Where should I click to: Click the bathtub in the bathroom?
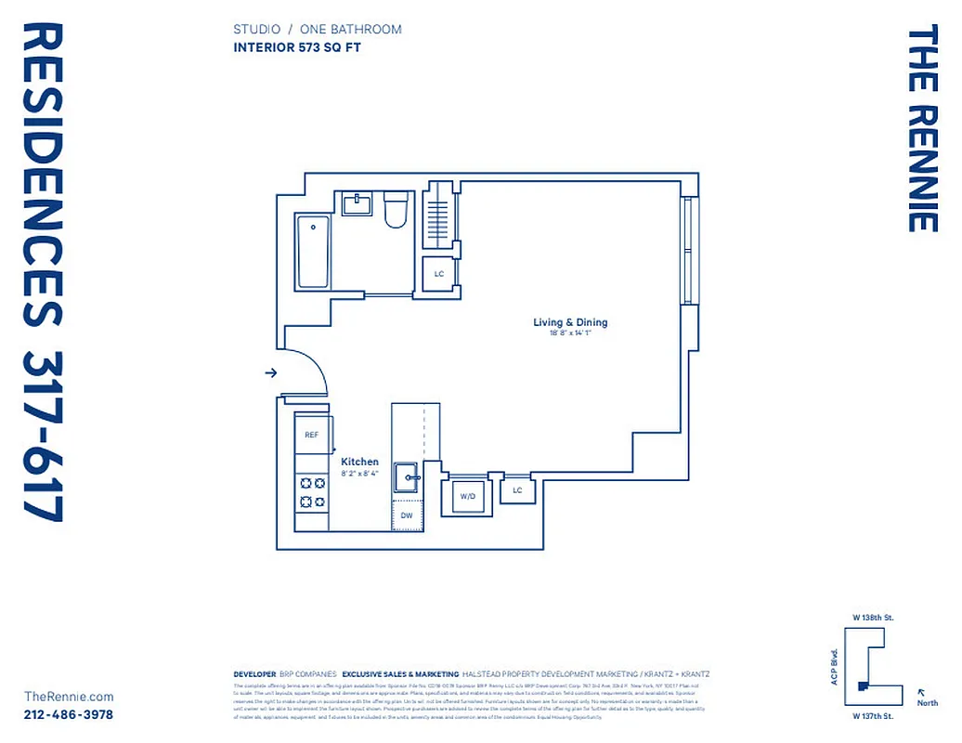313,252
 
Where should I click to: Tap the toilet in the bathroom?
396,211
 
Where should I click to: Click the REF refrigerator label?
312,435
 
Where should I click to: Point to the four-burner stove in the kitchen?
312,492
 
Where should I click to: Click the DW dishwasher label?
407,515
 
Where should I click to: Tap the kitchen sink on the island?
407,477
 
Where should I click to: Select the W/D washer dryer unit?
468,496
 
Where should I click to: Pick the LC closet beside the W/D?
517,489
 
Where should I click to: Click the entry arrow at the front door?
271,372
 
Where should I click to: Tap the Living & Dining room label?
570,322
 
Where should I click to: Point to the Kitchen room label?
359,462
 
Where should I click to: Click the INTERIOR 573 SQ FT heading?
294,49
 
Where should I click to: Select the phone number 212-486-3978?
69,714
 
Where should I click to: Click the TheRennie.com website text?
69,697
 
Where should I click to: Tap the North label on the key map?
927,703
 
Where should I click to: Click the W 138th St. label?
873,618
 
